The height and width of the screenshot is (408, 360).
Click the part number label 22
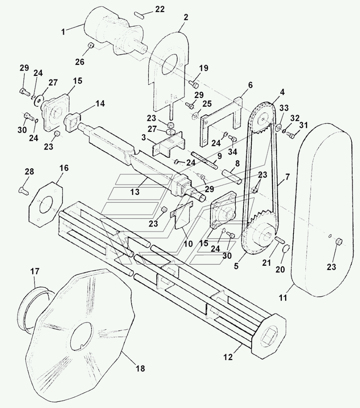(160, 10)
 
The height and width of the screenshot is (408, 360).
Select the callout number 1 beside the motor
(63, 32)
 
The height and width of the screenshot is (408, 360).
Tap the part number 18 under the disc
(141, 368)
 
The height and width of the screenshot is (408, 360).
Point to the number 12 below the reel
(228, 357)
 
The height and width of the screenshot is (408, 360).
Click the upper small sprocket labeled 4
(264, 118)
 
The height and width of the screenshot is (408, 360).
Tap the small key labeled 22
(140, 15)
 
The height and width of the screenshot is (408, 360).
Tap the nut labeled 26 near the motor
(91, 45)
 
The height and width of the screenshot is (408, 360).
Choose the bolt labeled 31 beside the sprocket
(291, 135)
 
